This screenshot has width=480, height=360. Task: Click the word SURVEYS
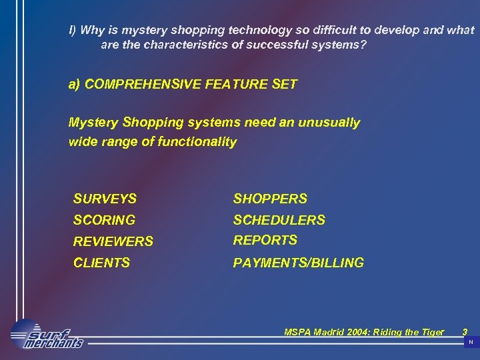click(105, 199)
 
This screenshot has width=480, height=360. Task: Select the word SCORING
click(104, 220)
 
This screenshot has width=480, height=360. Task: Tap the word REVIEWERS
click(113, 241)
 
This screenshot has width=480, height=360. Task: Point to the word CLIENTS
click(101, 263)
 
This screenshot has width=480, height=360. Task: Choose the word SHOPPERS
click(270, 199)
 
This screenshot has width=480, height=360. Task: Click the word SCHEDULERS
click(279, 220)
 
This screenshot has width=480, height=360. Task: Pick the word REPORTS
click(265, 240)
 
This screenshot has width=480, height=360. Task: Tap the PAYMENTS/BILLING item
click(298, 263)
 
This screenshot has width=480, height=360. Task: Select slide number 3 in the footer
click(465, 331)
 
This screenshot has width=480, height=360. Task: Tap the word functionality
click(197, 141)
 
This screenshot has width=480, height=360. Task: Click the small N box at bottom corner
click(471, 342)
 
